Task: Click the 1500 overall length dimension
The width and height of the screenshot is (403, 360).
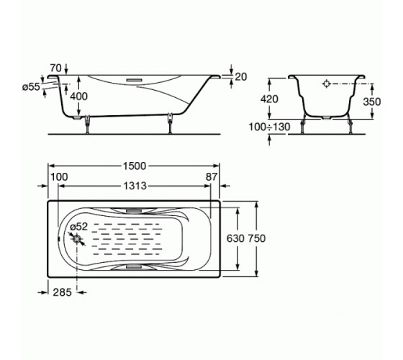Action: (x=135, y=166)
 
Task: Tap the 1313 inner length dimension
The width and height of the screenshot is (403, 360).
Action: (x=135, y=186)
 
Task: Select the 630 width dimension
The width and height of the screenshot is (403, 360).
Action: (x=235, y=238)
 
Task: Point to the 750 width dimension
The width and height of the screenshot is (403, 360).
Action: (x=256, y=238)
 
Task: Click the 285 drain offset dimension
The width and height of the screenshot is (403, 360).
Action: (x=62, y=292)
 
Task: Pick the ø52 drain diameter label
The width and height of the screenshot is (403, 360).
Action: (x=79, y=227)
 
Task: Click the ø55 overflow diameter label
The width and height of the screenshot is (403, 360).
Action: (x=31, y=87)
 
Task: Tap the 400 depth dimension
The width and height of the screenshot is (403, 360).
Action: (x=79, y=96)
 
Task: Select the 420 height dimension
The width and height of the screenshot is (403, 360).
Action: (x=269, y=99)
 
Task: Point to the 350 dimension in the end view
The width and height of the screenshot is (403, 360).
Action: (x=372, y=102)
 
